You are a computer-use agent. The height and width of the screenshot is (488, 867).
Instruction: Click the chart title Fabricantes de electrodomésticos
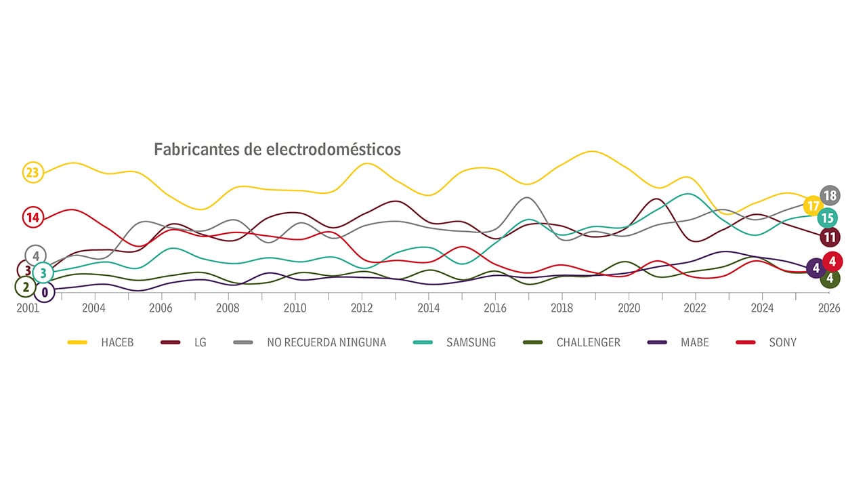point(277,149)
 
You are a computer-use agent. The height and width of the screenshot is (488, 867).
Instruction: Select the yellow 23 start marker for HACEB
point(33,173)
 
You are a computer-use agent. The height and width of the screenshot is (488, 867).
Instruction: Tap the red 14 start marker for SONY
point(33,218)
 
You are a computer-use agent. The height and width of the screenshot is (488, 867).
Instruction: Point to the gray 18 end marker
point(830,196)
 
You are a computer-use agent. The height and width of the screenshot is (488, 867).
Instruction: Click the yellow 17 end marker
point(813,205)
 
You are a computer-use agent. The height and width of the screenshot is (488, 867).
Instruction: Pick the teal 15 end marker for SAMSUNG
point(827,218)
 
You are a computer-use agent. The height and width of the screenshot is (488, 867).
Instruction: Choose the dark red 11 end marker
point(830,237)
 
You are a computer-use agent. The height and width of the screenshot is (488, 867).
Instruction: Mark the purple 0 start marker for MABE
point(45,293)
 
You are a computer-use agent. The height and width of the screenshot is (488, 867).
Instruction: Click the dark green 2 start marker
point(26,287)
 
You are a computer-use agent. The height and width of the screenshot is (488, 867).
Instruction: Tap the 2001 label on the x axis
point(28,308)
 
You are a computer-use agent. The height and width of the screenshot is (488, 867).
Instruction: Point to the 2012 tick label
point(362,308)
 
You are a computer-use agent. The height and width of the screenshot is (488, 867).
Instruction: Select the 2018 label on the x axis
point(562,308)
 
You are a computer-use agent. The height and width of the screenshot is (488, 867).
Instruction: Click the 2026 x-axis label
point(829,308)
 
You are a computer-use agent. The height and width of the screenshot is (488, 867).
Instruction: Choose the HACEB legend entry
point(117,342)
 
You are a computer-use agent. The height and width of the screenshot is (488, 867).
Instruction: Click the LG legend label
point(200,342)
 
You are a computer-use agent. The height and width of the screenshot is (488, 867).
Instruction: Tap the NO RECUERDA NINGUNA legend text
point(326,342)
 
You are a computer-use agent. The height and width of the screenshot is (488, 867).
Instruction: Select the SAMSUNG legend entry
point(471,342)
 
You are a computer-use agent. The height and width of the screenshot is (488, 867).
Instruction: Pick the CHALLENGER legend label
point(588,342)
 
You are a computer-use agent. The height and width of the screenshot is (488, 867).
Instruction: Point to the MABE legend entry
point(695,342)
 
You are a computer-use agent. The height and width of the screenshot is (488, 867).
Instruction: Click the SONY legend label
point(782,342)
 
